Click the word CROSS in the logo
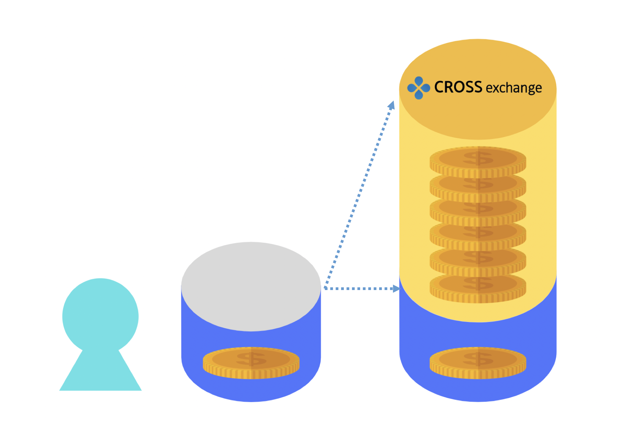pos(458,87)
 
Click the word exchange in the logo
pos(514,88)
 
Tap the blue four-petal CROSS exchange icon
pos(419,88)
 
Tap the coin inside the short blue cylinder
pos(251,362)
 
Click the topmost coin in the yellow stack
pos(478,161)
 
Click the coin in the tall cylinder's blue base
pos(478,362)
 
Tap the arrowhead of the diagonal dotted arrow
pos(392,105)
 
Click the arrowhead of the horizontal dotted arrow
pos(396,289)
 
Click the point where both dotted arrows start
pos(325,288)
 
